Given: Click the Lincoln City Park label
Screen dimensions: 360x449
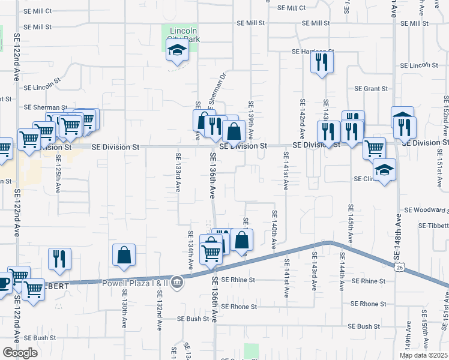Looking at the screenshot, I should coord(184,35).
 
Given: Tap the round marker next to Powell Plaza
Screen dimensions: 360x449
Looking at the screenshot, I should coord(177,281).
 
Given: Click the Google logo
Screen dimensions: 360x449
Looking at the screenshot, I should coord(20,352).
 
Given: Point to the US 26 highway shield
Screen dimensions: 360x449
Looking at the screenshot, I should coord(399,268).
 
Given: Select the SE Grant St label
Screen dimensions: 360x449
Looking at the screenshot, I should coord(371,89).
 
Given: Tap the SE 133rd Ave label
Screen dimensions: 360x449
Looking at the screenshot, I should coord(178,172).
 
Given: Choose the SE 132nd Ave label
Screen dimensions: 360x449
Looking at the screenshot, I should coord(160,310).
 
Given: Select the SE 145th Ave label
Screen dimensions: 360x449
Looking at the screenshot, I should coord(351,224).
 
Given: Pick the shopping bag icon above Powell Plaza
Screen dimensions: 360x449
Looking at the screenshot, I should coord(123,255).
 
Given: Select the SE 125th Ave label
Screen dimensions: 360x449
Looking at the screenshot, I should coord(58,174).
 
